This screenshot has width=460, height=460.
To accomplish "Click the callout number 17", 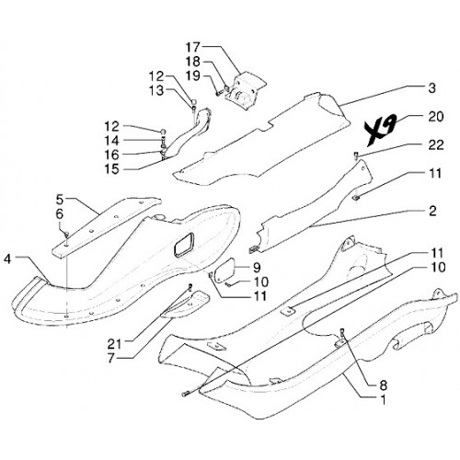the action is [x=193, y=48].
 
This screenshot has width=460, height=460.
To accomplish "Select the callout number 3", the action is [x=431, y=88].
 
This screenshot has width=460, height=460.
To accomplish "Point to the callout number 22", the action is [x=436, y=145].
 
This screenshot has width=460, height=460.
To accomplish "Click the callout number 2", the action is [x=432, y=211].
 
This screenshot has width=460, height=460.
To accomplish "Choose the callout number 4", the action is [x=7, y=259].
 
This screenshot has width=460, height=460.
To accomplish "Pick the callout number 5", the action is [x=60, y=200].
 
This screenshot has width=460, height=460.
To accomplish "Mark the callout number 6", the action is [x=60, y=214].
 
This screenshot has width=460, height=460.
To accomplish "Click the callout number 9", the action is [x=257, y=268].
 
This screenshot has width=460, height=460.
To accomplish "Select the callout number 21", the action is [x=114, y=344].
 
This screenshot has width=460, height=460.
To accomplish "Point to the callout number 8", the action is [x=383, y=385].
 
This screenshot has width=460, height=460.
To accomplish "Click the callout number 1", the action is [x=383, y=399].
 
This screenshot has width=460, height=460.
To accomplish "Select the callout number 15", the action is [x=112, y=169].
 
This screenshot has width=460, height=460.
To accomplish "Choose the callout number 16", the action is [x=112, y=155].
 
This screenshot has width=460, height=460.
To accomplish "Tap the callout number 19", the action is [x=193, y=75].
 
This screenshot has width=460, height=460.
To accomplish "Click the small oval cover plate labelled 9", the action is [x=225, y=270].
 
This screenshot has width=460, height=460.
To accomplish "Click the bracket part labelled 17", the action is [x=246, y=89].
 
